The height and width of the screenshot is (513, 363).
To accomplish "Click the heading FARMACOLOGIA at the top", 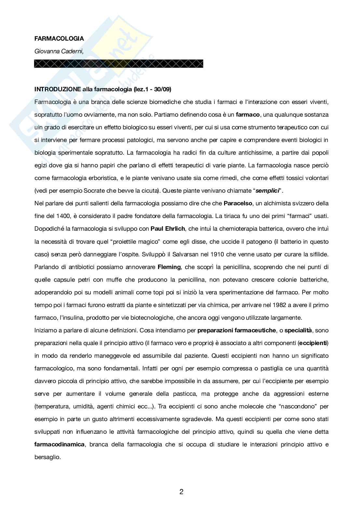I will point(59,38).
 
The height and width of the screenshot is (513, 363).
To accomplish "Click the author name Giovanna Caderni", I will point(59,51).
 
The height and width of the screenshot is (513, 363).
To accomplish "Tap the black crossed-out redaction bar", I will point(119,64).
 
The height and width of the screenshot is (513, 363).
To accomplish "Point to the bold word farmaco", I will point(248,115).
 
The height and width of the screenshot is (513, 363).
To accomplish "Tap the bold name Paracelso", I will point(238,203).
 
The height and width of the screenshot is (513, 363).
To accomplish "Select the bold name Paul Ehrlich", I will point(168,229).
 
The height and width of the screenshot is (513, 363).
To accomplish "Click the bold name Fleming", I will point(169,267).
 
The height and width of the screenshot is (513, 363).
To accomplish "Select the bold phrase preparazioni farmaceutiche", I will point(236,330).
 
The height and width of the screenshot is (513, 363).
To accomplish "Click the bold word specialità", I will point(298,330).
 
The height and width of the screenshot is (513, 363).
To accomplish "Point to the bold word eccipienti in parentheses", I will point(314,343).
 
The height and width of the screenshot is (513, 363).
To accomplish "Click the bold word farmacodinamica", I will point(60,444).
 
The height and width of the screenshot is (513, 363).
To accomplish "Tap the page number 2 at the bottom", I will point(181,492).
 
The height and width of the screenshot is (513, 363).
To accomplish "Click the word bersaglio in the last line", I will point(47,457).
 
